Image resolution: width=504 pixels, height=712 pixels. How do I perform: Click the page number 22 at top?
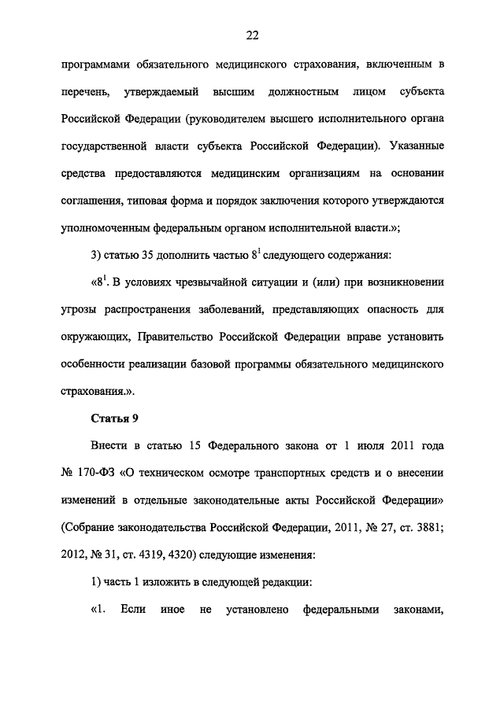[x=252, y=35]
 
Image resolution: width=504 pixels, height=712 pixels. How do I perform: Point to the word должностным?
[x=309, y=93]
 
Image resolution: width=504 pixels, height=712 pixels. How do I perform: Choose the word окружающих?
[x=92, y=337]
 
